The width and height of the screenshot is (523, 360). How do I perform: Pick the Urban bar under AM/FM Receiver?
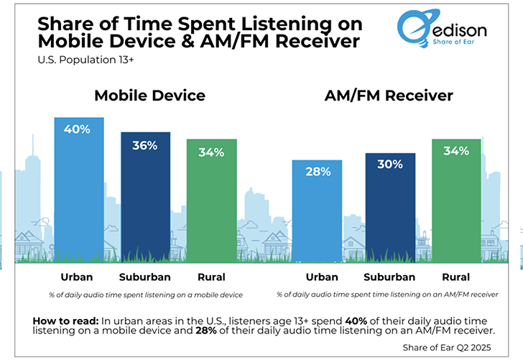tap(317, 212)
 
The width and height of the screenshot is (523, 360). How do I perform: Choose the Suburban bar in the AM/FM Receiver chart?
tap(390, 208)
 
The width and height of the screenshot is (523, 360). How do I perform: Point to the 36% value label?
tap(145, 144)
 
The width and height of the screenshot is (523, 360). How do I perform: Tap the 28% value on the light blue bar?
tap(317, 172)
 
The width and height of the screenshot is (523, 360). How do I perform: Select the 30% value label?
tap(390, 165)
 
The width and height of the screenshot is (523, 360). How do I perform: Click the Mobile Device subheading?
tap(149, 96)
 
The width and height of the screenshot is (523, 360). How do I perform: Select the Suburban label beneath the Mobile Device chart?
tap(145, 277)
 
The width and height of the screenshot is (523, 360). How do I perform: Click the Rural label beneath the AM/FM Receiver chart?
tap(456, 277)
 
